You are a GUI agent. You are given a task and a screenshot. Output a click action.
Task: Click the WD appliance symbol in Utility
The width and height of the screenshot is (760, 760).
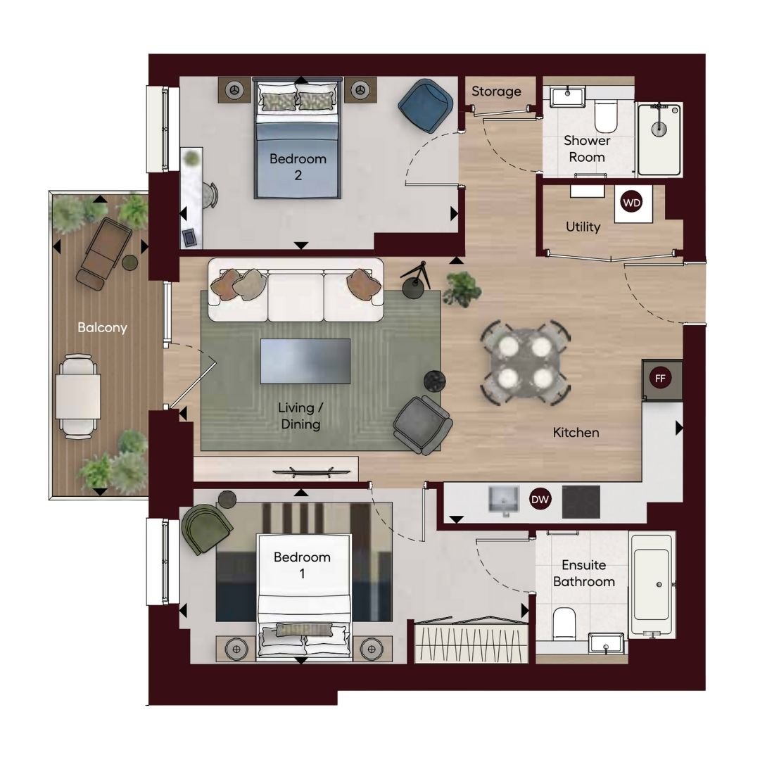coord(631,203)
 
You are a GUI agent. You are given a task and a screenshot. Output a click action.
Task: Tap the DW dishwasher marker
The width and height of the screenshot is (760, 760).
coord(540,500)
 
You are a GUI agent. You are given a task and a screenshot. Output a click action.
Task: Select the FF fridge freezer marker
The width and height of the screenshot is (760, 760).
coord(660,379)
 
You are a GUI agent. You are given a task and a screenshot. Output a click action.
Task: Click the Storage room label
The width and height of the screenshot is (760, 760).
coord(496,91)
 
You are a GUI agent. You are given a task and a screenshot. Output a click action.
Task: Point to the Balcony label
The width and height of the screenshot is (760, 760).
coord(102,328)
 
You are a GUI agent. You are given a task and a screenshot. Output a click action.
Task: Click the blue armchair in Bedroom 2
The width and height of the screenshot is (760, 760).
coord(426,106)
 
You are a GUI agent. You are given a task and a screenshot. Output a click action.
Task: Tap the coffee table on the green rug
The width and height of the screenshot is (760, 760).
coord(305,361)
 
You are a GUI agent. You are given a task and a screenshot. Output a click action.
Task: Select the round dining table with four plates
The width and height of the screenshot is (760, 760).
coord(525,362)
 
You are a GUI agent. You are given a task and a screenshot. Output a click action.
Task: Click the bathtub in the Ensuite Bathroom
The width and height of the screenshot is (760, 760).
coord(652,584)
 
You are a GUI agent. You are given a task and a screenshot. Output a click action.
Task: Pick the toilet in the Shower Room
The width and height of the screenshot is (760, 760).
coord(605,115)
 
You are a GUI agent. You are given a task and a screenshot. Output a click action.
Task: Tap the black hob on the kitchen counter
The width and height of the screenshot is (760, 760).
coord(581,502)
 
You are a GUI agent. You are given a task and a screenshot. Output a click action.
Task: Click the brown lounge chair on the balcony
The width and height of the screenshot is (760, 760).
coord(103,253)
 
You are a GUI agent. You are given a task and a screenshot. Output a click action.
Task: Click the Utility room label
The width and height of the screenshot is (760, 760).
coord(583,227)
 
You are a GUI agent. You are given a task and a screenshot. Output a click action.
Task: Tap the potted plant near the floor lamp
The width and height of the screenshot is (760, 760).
coord(462,289)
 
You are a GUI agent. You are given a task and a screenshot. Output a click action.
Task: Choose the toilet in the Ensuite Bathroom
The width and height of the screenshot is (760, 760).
coord(564,623)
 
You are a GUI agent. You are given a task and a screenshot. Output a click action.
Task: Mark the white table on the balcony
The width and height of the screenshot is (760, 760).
coord(78,396)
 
